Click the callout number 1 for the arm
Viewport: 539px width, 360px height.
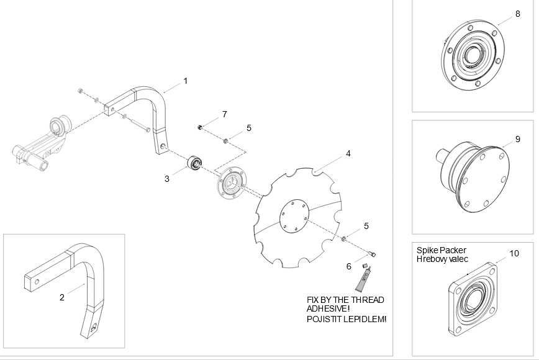coord(186,81)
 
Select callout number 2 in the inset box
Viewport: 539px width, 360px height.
coord(62,297)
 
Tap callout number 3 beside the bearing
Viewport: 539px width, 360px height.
coord(166,179)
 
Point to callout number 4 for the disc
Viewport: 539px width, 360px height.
coord(348,153)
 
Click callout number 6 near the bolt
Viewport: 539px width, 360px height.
coord(349,266)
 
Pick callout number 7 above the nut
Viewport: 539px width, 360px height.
coord(224,114)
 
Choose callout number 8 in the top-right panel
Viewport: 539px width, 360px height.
coord(518,14)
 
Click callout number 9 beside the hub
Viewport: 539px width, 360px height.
coord(518,140)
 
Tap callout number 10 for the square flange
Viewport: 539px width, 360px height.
coord(514,253)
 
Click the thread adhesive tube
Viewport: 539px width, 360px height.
coord(364,278)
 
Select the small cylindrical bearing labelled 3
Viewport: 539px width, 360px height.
coord(194,163)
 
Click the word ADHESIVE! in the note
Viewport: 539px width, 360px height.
coord(328,308)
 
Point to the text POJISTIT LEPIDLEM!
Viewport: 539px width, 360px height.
coord(346,319)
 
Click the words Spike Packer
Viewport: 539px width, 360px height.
coord(442,250)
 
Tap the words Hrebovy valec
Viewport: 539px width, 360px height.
coord(442,259)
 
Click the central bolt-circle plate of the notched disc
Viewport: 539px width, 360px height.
coord(294,217)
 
